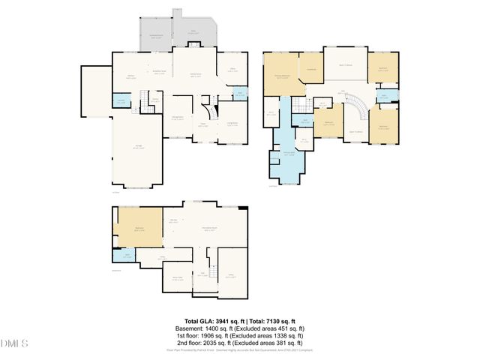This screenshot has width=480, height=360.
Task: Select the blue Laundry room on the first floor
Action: point(121,102)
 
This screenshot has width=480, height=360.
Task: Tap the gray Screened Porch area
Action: point(156,37)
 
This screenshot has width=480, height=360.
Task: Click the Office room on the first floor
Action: point(232,70)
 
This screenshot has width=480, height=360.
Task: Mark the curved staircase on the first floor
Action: point(213,104)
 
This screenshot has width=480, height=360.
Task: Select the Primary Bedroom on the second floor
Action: point(281,76)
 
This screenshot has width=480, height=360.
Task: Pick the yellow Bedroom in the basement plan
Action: point(139,231)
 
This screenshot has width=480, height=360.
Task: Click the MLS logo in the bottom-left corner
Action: point(13,343)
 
